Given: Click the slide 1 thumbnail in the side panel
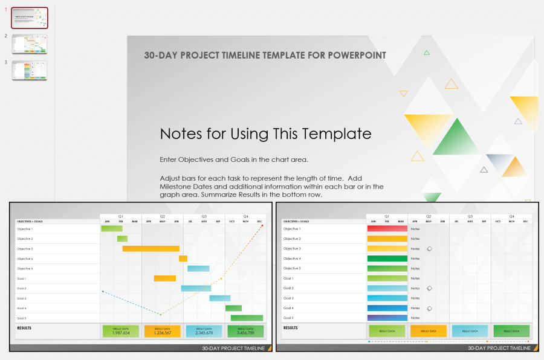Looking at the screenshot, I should [x=29, y=18].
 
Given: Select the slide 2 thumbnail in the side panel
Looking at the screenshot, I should [x=29, y=44].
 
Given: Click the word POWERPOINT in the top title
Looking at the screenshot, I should [x=357, y=56].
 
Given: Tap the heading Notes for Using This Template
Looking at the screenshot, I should [x=265, y=133].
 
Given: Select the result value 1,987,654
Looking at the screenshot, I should [x=121, y=333].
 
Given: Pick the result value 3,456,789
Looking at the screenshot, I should [x=246, y=333].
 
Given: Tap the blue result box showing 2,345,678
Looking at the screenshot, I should [x=204, y=331].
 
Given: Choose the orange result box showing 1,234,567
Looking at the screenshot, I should [x=163, y=331].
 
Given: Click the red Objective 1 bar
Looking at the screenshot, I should [x=387, y=229].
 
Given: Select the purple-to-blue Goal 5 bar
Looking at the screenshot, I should [x=387, y=318].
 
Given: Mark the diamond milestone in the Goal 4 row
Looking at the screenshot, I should [x=429, y=308].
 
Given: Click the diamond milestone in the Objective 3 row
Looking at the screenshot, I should [x=429, y=249].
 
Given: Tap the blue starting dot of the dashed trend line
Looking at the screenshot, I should [x=103, y=292].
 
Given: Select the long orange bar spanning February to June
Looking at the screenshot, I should [x=151, y=249].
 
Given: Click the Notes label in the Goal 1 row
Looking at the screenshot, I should [x=415, y=278].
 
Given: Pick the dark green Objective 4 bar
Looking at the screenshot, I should [x=387, y=259].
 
